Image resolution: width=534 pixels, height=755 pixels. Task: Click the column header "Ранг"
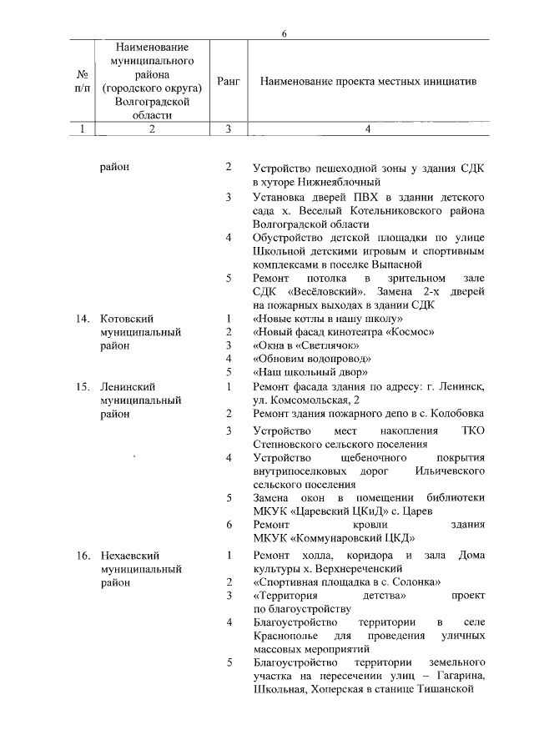228,82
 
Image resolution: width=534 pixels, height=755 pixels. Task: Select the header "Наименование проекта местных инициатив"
368,82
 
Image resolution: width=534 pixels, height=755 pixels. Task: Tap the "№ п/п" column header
81,82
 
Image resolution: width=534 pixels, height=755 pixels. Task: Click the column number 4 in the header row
368,129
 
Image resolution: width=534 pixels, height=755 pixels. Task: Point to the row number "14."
83,319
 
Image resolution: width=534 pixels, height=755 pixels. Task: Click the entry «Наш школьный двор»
310,371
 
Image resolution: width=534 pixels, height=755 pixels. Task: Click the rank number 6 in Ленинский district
229,524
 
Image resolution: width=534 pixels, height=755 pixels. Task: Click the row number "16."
83,554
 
